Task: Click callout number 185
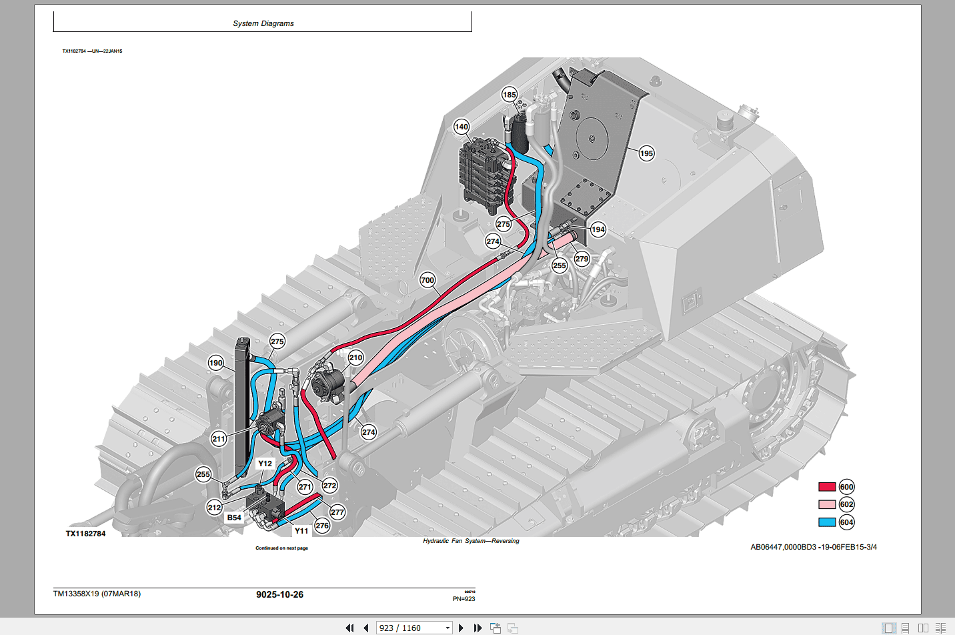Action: [510, 95]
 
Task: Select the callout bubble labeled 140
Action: [461, 127]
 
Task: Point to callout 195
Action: [646, 153]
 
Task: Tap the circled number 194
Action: [598, 229]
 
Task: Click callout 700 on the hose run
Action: [427, 280]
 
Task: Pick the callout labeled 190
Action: [215, 364]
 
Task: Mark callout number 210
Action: [355, 358]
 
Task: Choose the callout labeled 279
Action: [582, 259]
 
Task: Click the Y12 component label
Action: [265, 464]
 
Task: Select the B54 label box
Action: [234, 518]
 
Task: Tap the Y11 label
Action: [301, 531]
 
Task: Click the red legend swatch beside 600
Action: [827, 487]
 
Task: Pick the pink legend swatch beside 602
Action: [827, 504]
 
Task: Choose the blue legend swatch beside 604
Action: [827, 522]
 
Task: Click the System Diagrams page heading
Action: [263, 23]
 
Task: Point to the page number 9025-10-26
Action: [279, 594]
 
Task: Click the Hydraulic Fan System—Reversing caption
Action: [471, 541]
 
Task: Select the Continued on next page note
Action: [281, 548]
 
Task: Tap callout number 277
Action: [337, 512]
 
